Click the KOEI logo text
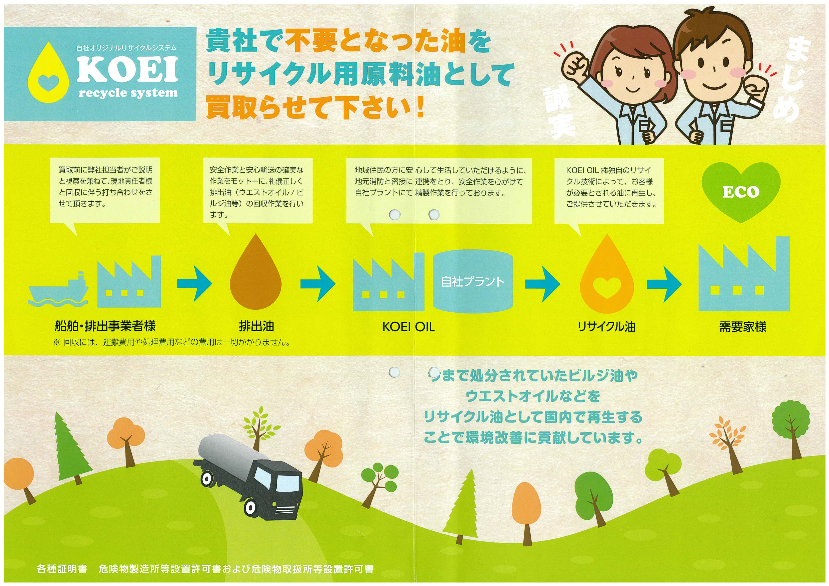(x=127, y=69)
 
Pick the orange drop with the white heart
(x=607, y=273)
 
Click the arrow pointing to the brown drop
(x=195, y=284)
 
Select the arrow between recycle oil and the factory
(x=664, y=284)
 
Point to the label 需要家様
(x=743, y=327)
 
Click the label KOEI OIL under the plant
(x=408, y=327)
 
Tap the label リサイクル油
(x=607, y=327)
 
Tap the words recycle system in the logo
(x=128, y=93)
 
